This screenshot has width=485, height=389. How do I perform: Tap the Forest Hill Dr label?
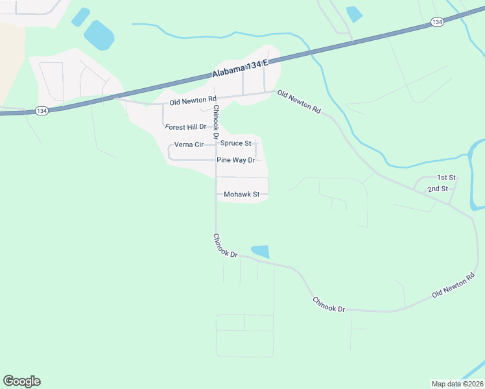click(x=185, y=127)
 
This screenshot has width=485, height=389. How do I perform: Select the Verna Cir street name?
click(x=189, y=145)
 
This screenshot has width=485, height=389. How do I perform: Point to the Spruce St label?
click(x=235, y=143)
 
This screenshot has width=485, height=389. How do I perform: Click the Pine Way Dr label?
click(x=236, y=159)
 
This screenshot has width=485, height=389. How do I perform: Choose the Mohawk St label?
click(x=241, y=194)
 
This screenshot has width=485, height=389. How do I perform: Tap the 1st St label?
click(x=447, y=177)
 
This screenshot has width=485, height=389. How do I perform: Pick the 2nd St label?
click(x=437, y=189)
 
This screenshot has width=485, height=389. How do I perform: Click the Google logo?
click(x=21, y=381)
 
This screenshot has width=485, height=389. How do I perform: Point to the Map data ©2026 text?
click(x=457, y=383)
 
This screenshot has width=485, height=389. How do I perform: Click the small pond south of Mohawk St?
click(x=260, y=252)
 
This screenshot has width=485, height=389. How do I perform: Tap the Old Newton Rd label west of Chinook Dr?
click(x=193, y=102)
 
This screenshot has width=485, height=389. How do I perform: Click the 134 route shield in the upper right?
click(x=437, y=22)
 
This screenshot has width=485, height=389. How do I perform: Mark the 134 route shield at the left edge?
click(x=41, y=111)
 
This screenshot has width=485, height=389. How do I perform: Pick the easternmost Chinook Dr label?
click(x=329, y=305)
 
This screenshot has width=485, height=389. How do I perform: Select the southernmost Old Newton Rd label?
click(x=455, y=286)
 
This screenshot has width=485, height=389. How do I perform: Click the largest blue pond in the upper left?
click(x=99, y=35)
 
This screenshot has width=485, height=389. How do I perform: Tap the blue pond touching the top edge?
click(x=354, y=14)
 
